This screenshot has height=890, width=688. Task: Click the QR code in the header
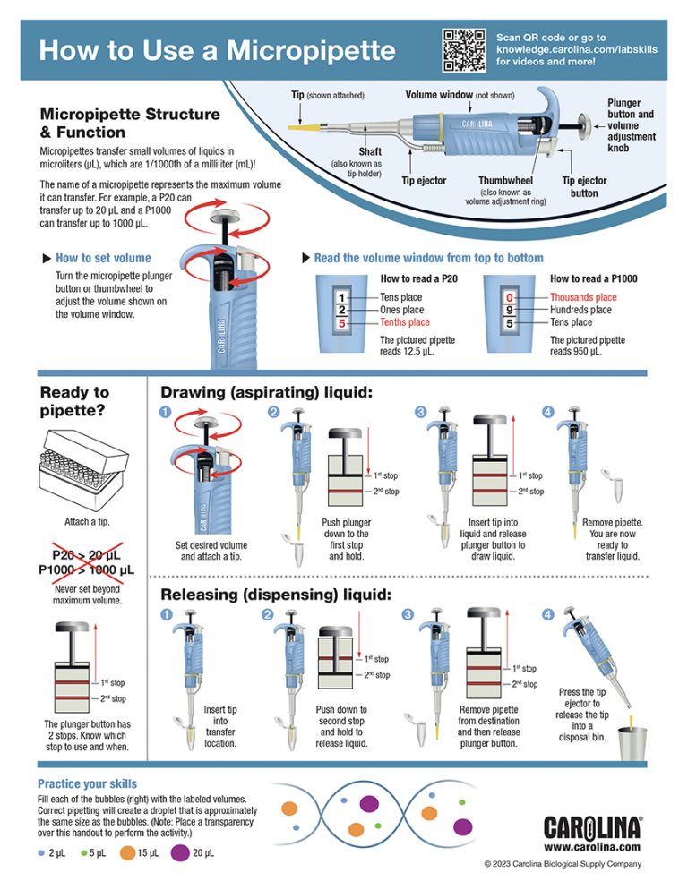point(463,48)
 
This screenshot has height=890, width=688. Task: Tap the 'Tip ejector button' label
point(584,186)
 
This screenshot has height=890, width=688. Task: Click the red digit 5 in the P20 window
point(341,322)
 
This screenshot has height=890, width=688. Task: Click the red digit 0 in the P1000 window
point(510,296)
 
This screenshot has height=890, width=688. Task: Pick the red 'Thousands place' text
point(583,297)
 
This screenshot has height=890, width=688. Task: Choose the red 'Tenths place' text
point(405,322)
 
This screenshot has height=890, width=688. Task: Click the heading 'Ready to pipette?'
point(75,400)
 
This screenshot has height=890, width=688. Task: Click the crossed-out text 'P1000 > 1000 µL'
point(86,569)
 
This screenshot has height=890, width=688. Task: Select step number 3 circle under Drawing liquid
point(420,412)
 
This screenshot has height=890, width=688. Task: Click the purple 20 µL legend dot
point(179,853)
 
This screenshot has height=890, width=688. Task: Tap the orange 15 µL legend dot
point(127,853)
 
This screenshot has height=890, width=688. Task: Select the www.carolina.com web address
point(592,846)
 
